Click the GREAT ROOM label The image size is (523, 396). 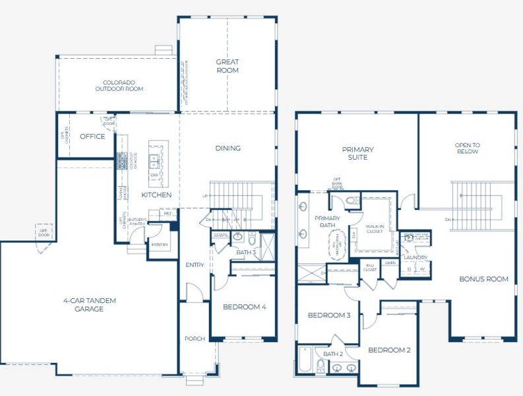pos(228,66)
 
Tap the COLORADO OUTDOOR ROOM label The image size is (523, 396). pos(119,85)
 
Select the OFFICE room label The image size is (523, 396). pos(92,137)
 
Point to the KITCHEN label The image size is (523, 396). pos(156,195)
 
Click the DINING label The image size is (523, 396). pos(228,148)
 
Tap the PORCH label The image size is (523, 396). pos(195,339)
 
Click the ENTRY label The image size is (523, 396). pos(195,265)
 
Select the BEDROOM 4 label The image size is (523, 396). pos(245,307)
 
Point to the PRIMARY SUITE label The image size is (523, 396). pos(357,153)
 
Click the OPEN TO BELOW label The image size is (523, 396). pos(467,148)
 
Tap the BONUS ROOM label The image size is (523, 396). pos(483,279)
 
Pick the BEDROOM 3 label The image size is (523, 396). pos(328,315)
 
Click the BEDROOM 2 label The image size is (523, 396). pos(389,350)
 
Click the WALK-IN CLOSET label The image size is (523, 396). pos(375,228)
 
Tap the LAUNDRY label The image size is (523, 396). pos(416,257)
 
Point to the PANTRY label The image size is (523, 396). pos(160,245)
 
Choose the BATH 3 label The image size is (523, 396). pos(245,251)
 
